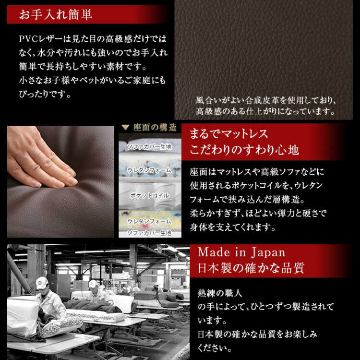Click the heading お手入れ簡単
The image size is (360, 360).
tap(56, 14)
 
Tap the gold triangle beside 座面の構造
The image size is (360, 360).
tap(125, 127)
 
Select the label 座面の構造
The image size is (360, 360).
tap(155, 128)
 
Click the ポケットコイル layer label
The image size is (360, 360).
tap(150, 196)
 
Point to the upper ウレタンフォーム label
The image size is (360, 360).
tap(149, 170)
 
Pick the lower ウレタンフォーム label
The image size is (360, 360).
tap(149, 221)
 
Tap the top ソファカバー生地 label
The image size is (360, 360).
tap(149, 147)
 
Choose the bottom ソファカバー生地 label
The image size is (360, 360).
tap(149, 233)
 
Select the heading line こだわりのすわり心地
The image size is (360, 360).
tap(244, 150)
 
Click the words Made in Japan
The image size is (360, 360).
tap(241, 252)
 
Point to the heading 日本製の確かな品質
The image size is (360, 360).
tap(251, 268)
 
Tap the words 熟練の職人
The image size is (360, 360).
tap(220, 293)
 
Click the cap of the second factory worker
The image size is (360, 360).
tap(93, 284)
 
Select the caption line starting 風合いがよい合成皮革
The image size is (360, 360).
tap(266, 100)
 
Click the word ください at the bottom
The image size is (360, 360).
tap(215, 348)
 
